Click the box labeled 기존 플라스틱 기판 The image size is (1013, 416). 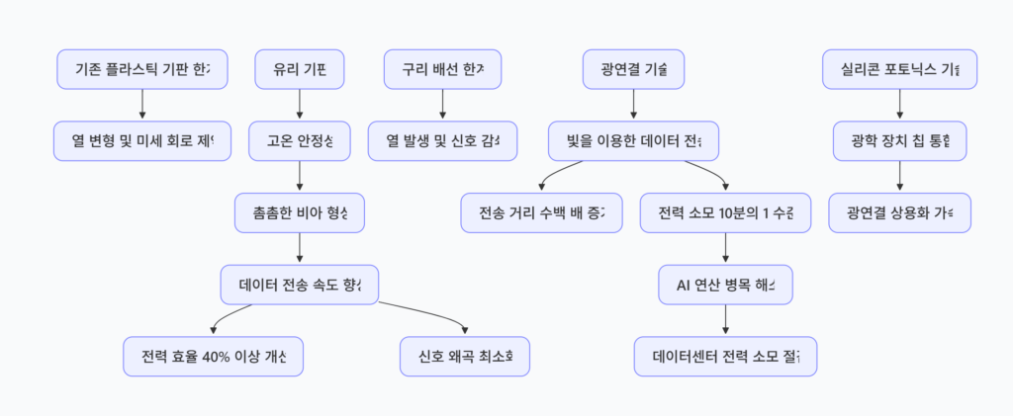tap(142, 70)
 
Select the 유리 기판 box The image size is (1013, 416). tap(300, 70)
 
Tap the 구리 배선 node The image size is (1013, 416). tap(442, 70)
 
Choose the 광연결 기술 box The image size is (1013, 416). tap(633, 70)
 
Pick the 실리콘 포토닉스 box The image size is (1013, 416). tap(899, 70)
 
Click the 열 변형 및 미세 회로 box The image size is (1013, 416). tap(142, 141)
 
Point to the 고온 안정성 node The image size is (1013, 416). tap(300, 141)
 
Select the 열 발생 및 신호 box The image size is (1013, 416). tap(442, 141)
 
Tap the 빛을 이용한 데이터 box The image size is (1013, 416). tap(633, 141)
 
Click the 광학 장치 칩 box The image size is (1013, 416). tap(899, 141)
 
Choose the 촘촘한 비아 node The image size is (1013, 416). tap(300, 212)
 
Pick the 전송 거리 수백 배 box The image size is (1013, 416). tap(542, 212)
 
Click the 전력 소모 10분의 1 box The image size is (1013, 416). tap(726, 212)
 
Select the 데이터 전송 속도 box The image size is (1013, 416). tap(300, 285)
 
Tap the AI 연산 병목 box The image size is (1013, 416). tap(726, 285)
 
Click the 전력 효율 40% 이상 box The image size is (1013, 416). tap(213, 356)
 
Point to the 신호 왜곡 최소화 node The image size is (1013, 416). tap(465, 356)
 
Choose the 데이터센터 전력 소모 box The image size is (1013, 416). tap(726, 356)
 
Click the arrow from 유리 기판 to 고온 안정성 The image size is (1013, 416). tap(300, 105)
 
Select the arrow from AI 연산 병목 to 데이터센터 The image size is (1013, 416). tap(726, 320)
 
